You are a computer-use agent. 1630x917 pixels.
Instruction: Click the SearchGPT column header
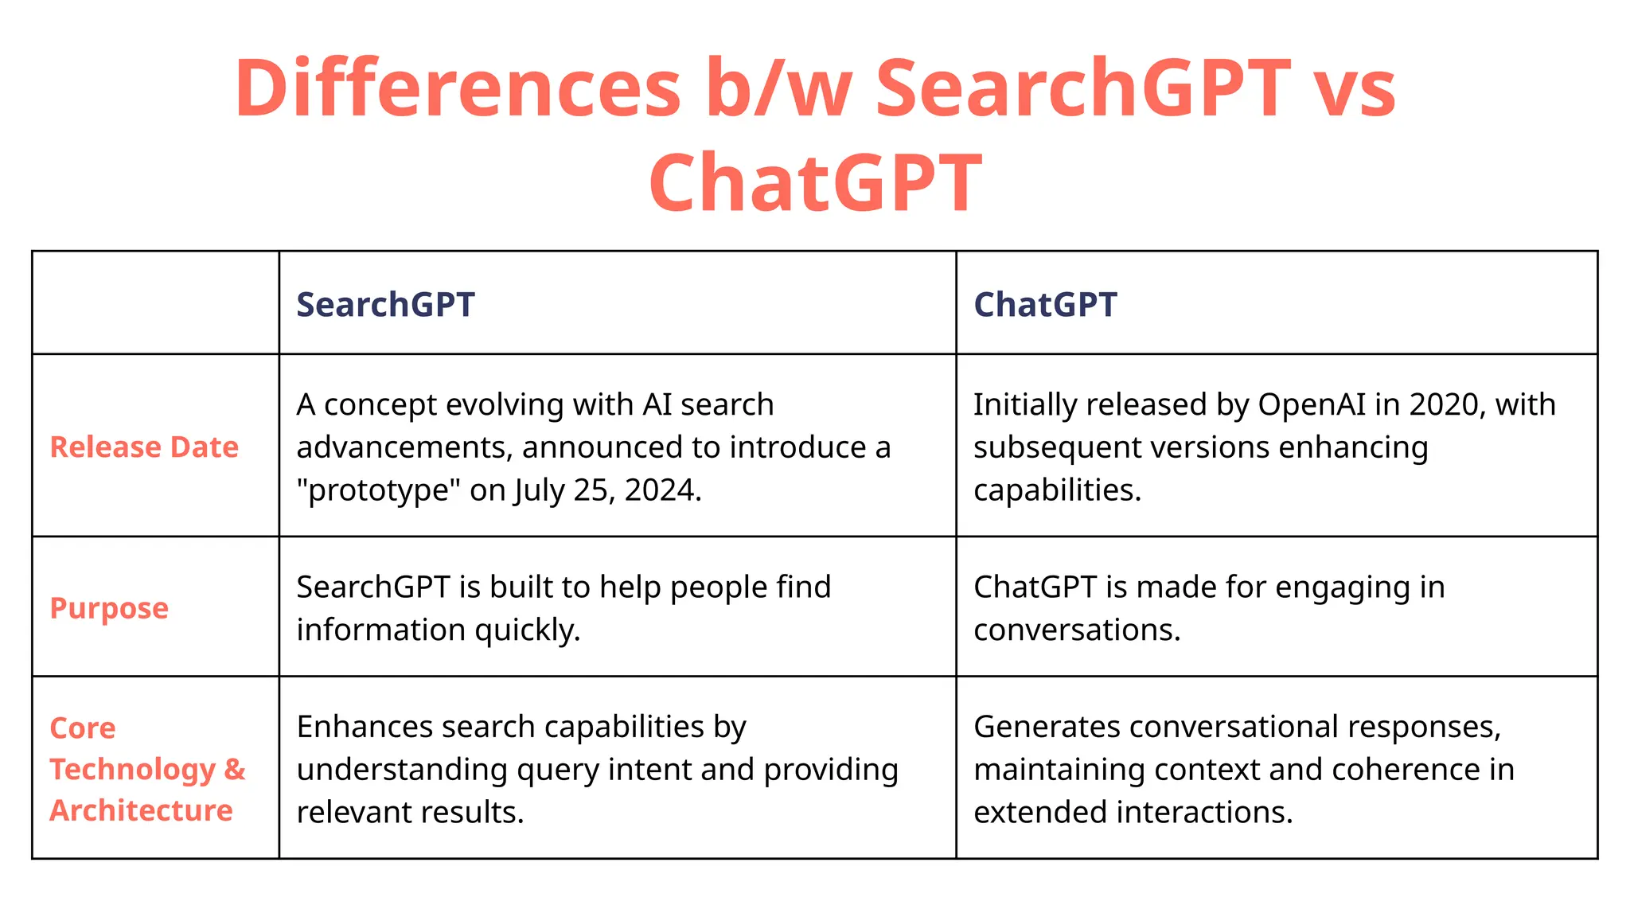(385, 305)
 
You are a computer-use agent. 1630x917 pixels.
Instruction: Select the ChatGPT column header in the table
(1045, 305)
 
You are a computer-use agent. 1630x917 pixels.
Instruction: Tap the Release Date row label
(144, 447)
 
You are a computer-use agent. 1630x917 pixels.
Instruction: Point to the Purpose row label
(109, 608)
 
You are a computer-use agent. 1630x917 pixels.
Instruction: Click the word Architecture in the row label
(141, 810)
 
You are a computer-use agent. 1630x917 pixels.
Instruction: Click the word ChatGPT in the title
(815, 183)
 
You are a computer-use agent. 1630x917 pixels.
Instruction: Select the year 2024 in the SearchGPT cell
(660, 490)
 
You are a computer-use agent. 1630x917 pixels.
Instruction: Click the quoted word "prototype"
(379, 490)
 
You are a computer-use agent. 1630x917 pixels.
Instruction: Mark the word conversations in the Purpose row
(1077, 630)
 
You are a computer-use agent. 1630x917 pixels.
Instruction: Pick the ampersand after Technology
(235, 769)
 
